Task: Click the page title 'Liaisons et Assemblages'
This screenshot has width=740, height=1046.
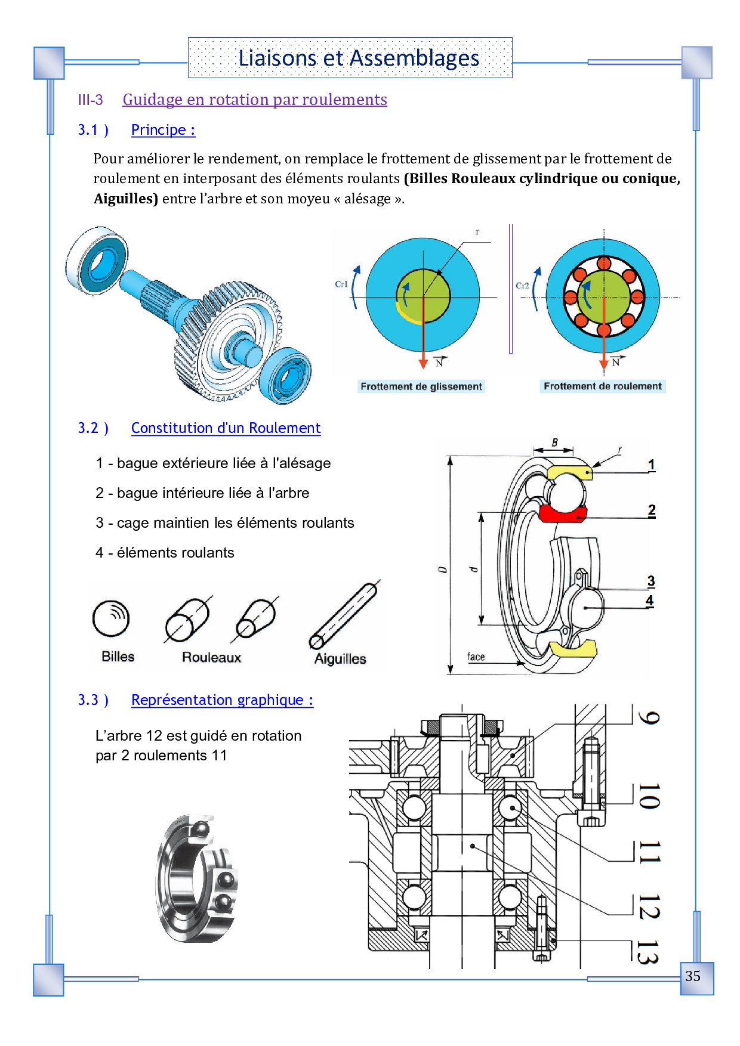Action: click(359, 58)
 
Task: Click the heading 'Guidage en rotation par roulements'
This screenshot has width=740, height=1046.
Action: click(255, 99)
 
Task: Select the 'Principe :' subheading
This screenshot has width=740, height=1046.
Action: click(163, 129)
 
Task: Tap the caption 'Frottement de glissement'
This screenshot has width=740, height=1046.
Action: click(421, 386)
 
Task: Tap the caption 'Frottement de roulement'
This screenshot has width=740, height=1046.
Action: click(603, 386)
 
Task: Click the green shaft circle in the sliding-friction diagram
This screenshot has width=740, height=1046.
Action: click(423, 295)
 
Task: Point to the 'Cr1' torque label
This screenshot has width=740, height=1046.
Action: click(341, 284)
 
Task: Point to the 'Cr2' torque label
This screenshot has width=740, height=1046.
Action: click(522, 286)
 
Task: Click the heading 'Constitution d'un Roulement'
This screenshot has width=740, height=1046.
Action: click(226, 428)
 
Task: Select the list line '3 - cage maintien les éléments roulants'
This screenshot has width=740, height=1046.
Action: click(225, 523)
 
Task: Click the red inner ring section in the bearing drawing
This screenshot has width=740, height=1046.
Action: click(563, 513)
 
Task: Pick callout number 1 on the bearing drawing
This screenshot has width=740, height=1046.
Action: click(652, 465)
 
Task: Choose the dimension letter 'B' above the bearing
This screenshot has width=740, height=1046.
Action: click(555, 442)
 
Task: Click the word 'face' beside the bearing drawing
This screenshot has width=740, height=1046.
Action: click(476, 657)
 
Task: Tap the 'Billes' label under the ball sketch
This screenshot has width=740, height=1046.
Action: click(118, 657)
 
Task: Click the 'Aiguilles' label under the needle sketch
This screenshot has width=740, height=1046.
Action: click(340, 659)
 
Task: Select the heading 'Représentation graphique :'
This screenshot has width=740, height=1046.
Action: click(222, 700)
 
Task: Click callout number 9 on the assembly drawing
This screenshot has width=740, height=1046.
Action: click(649, 717)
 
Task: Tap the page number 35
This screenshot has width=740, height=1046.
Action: click(693, 976)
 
